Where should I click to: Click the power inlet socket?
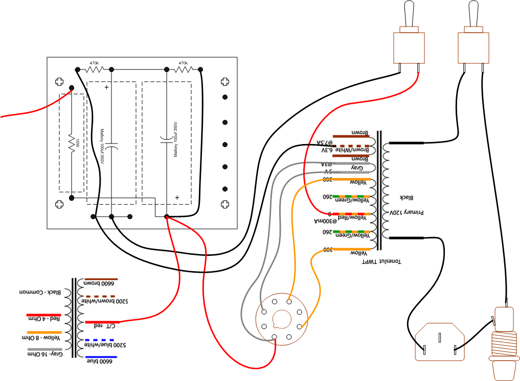pos(440,343)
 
